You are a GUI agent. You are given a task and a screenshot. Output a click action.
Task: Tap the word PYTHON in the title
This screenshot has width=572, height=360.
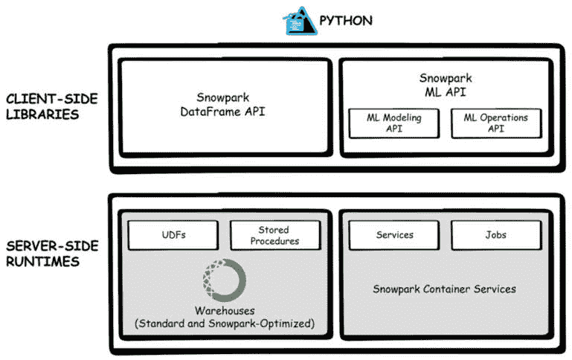point(346,20)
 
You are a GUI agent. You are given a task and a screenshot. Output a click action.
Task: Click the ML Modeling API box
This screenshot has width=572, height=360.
point(393,123)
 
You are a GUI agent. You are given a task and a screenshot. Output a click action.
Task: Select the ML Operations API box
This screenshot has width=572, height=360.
point(495,123)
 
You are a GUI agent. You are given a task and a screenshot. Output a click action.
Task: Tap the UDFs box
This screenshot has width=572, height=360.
point(173,235)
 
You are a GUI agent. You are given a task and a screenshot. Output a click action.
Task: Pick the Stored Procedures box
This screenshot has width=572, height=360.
point(274,235)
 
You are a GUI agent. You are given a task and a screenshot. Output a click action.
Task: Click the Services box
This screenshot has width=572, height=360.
point(394,235)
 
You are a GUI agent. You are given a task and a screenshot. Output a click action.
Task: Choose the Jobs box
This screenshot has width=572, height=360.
point(495,235)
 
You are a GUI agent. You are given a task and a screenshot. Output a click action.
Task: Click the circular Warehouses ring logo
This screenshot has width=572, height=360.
point(224,280)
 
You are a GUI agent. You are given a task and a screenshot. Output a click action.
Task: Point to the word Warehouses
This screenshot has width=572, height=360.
point(225,311)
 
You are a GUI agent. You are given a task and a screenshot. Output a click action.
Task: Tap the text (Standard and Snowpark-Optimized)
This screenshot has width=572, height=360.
point(225,324)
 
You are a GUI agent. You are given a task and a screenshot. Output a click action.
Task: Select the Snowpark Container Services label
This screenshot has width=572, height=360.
point(444,289)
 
